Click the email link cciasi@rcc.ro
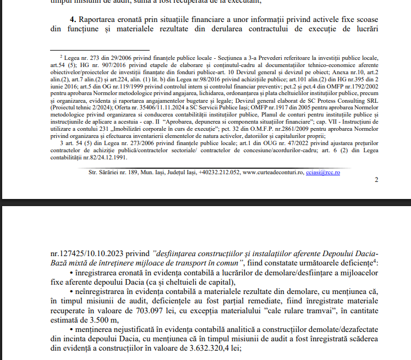323,172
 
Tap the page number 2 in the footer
376,180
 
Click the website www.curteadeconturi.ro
273,172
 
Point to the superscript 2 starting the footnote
61,56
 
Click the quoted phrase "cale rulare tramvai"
305,311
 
